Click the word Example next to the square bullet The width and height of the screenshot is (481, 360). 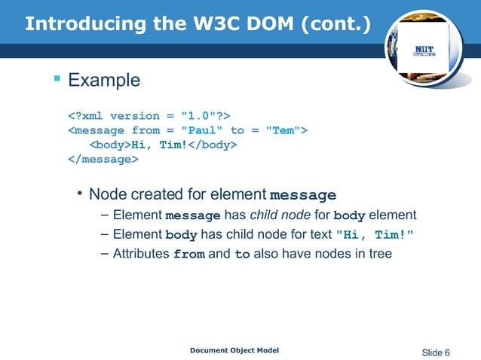point(104,80)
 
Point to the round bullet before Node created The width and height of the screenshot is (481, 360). point(78,194)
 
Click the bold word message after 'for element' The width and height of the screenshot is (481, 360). point(302,195)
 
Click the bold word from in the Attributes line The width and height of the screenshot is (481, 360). point(188,255)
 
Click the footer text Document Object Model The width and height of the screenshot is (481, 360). point(234,351)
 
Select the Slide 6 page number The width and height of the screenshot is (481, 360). point(436,352)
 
